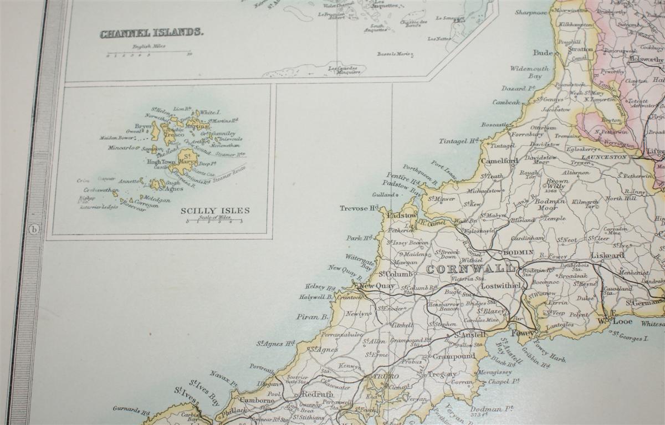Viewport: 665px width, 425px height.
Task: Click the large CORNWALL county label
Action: [x=470, y=269]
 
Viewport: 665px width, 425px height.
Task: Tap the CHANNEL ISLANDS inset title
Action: [x=151, y=33]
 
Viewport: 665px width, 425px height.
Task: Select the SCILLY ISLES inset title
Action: [x=215, y=211]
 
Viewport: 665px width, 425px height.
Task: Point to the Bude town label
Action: [x=543, y=53]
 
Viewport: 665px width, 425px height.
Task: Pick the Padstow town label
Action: [x=402, y=215]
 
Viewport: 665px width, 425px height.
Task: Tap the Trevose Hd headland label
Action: [x=359, y=208]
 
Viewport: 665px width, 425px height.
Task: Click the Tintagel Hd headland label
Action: [x=458, y=141]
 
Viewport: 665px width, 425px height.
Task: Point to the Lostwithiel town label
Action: [x=502, y=285]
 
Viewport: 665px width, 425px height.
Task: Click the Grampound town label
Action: [x=454, y=356]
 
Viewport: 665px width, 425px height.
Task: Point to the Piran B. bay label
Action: [x=312, y=317]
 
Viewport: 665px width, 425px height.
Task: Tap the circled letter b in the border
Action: [x=34, y=229]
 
